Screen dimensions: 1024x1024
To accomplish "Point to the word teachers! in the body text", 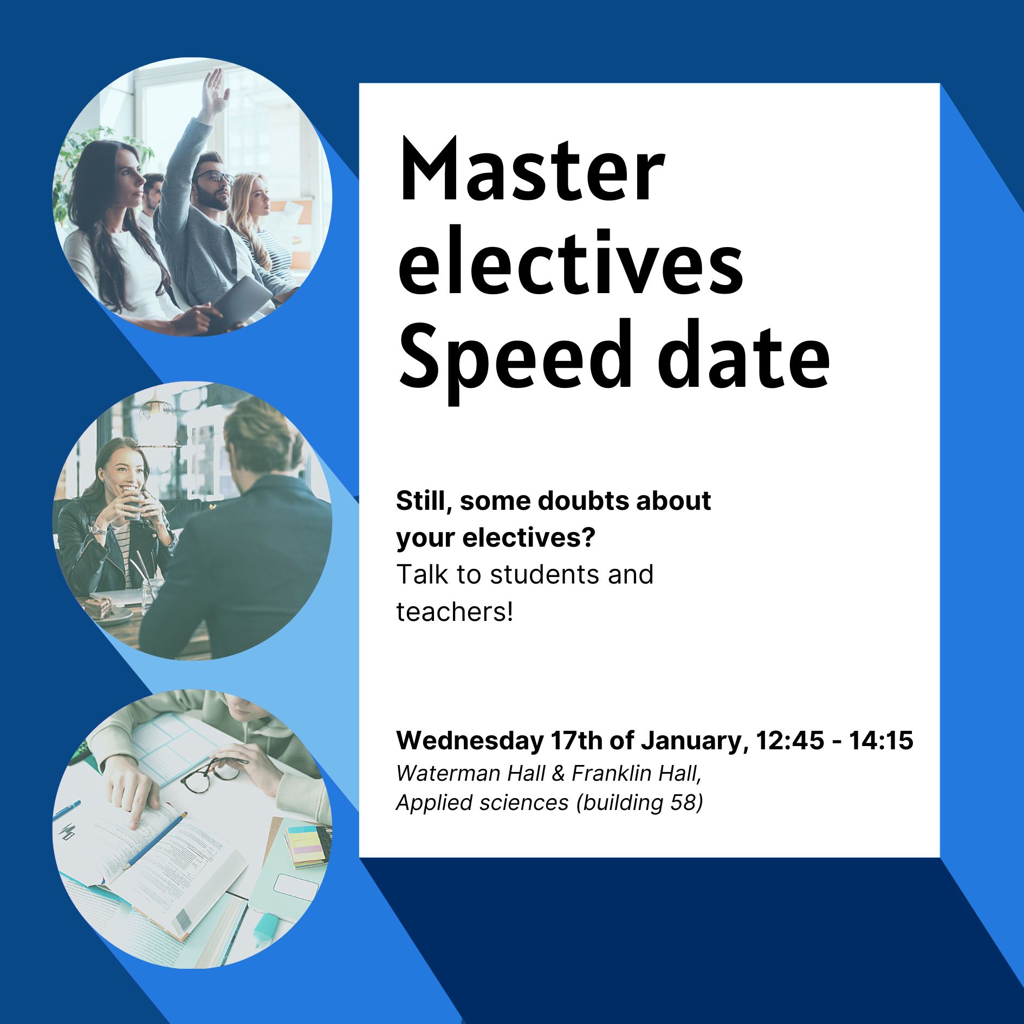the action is point(455,612).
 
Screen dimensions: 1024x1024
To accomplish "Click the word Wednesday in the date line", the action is point(470,741).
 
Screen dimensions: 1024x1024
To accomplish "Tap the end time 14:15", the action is point(882,741).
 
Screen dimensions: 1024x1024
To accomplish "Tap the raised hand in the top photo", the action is point(215,92).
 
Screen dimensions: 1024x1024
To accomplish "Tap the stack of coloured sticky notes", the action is point(306,845).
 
